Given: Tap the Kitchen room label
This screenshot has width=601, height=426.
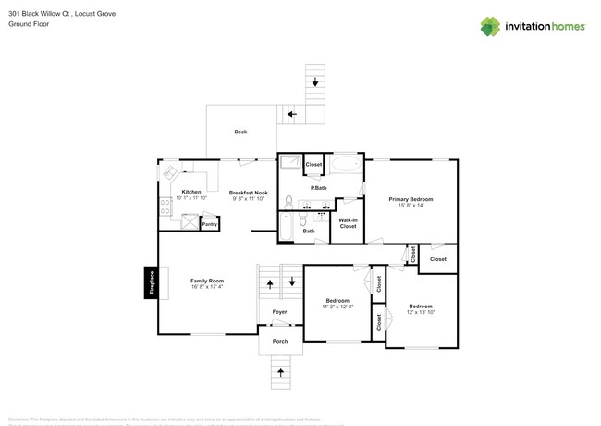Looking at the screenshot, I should [x=190, y=192].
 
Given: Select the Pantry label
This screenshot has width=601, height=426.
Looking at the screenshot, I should [x=210, y=224].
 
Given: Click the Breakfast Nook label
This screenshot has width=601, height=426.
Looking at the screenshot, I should [x=248, y=192].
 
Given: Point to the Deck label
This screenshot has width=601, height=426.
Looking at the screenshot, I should [x=240, y=132].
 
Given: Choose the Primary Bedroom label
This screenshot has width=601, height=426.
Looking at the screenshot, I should [x=411, y=199].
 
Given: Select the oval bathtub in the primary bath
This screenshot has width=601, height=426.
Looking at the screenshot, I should [x=347, y=166].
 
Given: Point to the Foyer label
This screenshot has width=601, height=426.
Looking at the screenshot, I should [x=279, y=312].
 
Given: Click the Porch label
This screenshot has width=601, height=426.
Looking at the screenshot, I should [x=279, y=342].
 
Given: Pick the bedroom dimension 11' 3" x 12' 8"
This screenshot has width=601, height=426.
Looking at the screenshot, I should [x=337, y=307].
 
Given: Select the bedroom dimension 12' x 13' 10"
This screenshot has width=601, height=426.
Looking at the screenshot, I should [x=420, y=313].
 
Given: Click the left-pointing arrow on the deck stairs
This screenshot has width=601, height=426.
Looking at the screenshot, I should [x=291, y=115].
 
